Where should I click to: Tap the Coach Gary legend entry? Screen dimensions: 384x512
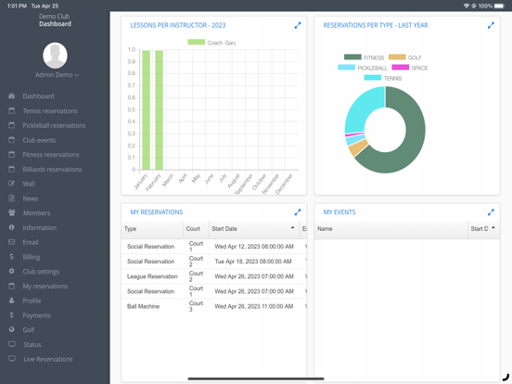pyautogui.click(x=212, y=43)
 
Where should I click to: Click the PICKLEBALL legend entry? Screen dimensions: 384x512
pyautogui.click(x=366, y=68)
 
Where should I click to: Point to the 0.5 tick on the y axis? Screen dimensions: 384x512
pyautogui.click(x=131, y=109)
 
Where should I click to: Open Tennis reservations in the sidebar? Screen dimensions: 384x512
pyautogui.click(x=50, y=110)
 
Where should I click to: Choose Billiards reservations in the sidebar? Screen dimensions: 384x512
pyautogui.click(x=52, y=170)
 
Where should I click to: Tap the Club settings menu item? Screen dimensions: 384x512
pyautogui.click(x=41, y=272)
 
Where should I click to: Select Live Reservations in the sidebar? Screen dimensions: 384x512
pyautogui.click(x=47, y=359)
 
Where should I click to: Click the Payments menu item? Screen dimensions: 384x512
pyautogui.click(x=37, y=315)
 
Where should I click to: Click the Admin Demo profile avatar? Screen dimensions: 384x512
pyautogui.click(x=56, y=55)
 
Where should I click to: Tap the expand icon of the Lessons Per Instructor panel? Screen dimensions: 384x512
pyautogui.click(x=298, y=25)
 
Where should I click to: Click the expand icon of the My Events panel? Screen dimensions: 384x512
pyautogui.click(x=491, y=212)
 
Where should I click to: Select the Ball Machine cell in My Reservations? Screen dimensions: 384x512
pyautogui.click(x=143, y=306)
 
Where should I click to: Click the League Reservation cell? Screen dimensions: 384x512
pyautogui.click(x=152, y=276)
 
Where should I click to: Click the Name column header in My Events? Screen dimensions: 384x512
pyautogui.click(x=326, y=228)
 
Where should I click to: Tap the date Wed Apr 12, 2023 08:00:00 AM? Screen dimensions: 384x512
pyautogui.click(x=253, y=247)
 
